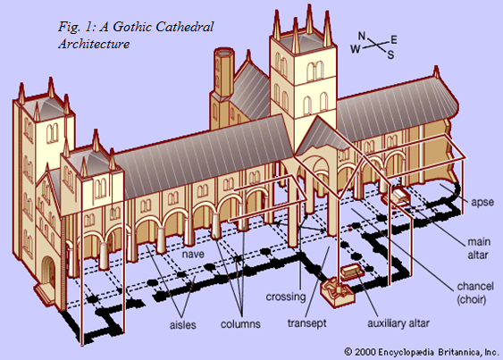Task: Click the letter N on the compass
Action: coord(362,37)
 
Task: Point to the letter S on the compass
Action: coord(390,54)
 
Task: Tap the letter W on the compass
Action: coord(355,50)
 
